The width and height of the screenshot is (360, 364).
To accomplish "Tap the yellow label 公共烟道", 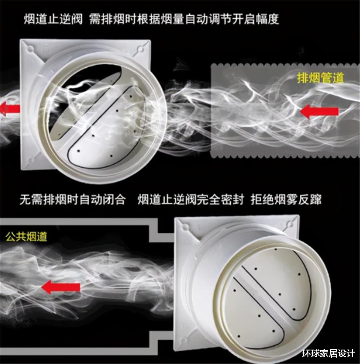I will [x=26, y=237].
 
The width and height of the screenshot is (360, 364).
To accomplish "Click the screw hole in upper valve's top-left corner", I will [x=31, y=49].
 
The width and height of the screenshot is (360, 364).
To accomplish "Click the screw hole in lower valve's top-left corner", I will [x=185, y=227].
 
